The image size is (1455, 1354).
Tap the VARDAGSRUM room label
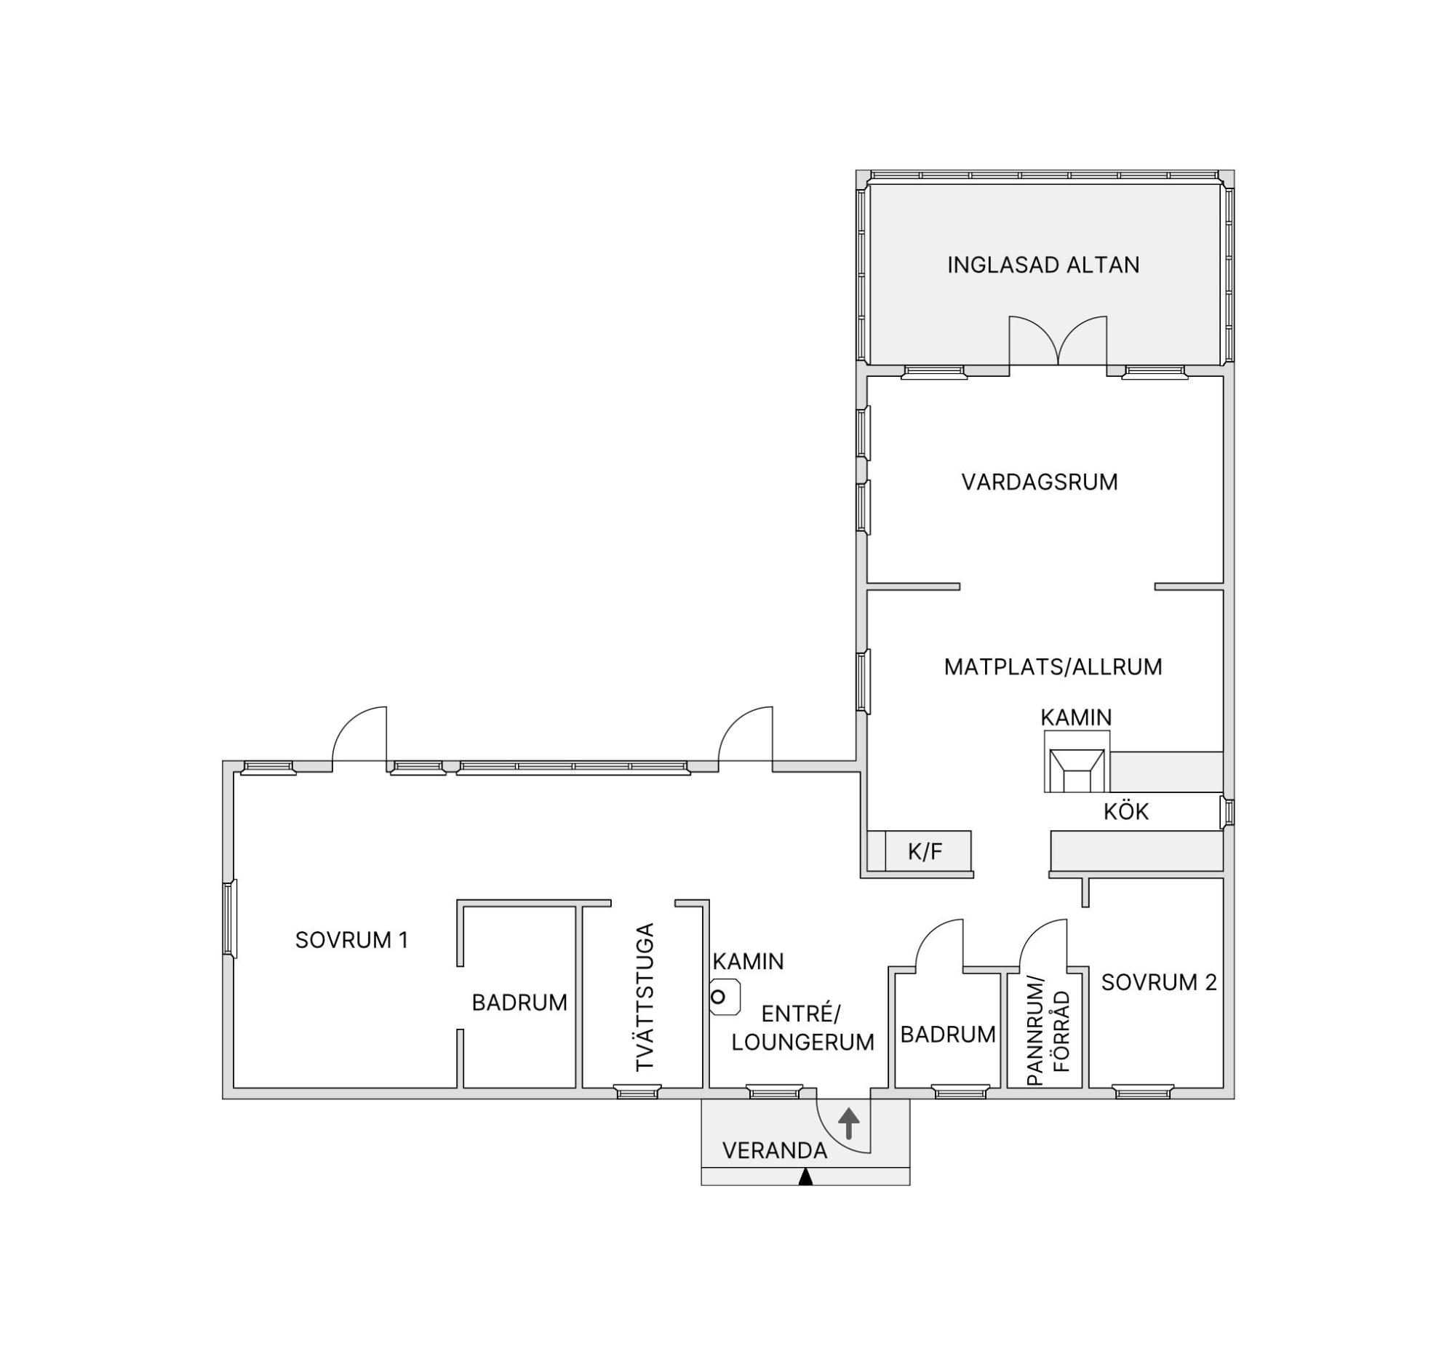[x=1040, y=482]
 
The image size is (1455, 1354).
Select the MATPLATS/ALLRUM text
[x=1053, y=666]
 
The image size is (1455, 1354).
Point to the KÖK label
[x=1125, y=811]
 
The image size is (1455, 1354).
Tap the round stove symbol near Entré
[x=725, y=997]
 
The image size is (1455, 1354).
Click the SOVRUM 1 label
[x=351, y=940]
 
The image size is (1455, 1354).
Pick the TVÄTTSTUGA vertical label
[x=644, y=997]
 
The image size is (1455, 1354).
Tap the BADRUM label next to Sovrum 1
[x=519, y=1003]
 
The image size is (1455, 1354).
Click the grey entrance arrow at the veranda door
[x=848, y=1123]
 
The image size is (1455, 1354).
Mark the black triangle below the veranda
[x=806, y=1177]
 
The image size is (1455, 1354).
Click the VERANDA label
[x=774, y=1150]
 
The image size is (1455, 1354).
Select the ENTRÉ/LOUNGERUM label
[x=802, y=1027]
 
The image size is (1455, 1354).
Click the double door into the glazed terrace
[x=1058, y=341]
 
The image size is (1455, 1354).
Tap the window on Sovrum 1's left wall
[x=230, y=918]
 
